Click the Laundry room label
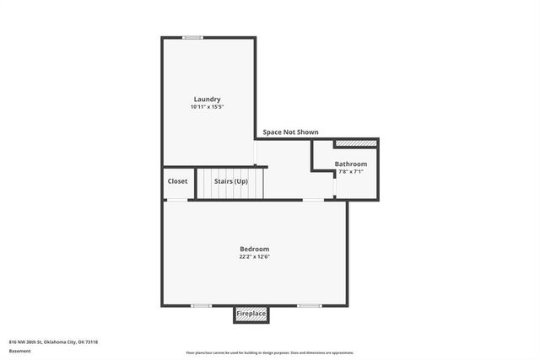point(207,99)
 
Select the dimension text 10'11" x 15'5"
point(207,107)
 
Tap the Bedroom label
point(254,249)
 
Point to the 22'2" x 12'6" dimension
point(254,256)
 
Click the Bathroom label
point(350,164)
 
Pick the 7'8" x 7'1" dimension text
point(350,171)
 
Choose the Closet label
point(177,181)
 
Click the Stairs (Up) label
point(230,181)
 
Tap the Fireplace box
point(251,314)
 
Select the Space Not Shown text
point(290,132)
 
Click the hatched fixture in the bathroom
point(355,144)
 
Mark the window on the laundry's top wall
point(193,37)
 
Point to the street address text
point(53,341)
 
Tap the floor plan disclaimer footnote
point(269,353)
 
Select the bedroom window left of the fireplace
point(201,305)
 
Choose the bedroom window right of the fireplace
point(309,305)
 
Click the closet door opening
point(176,200)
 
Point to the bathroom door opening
point(335,185)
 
